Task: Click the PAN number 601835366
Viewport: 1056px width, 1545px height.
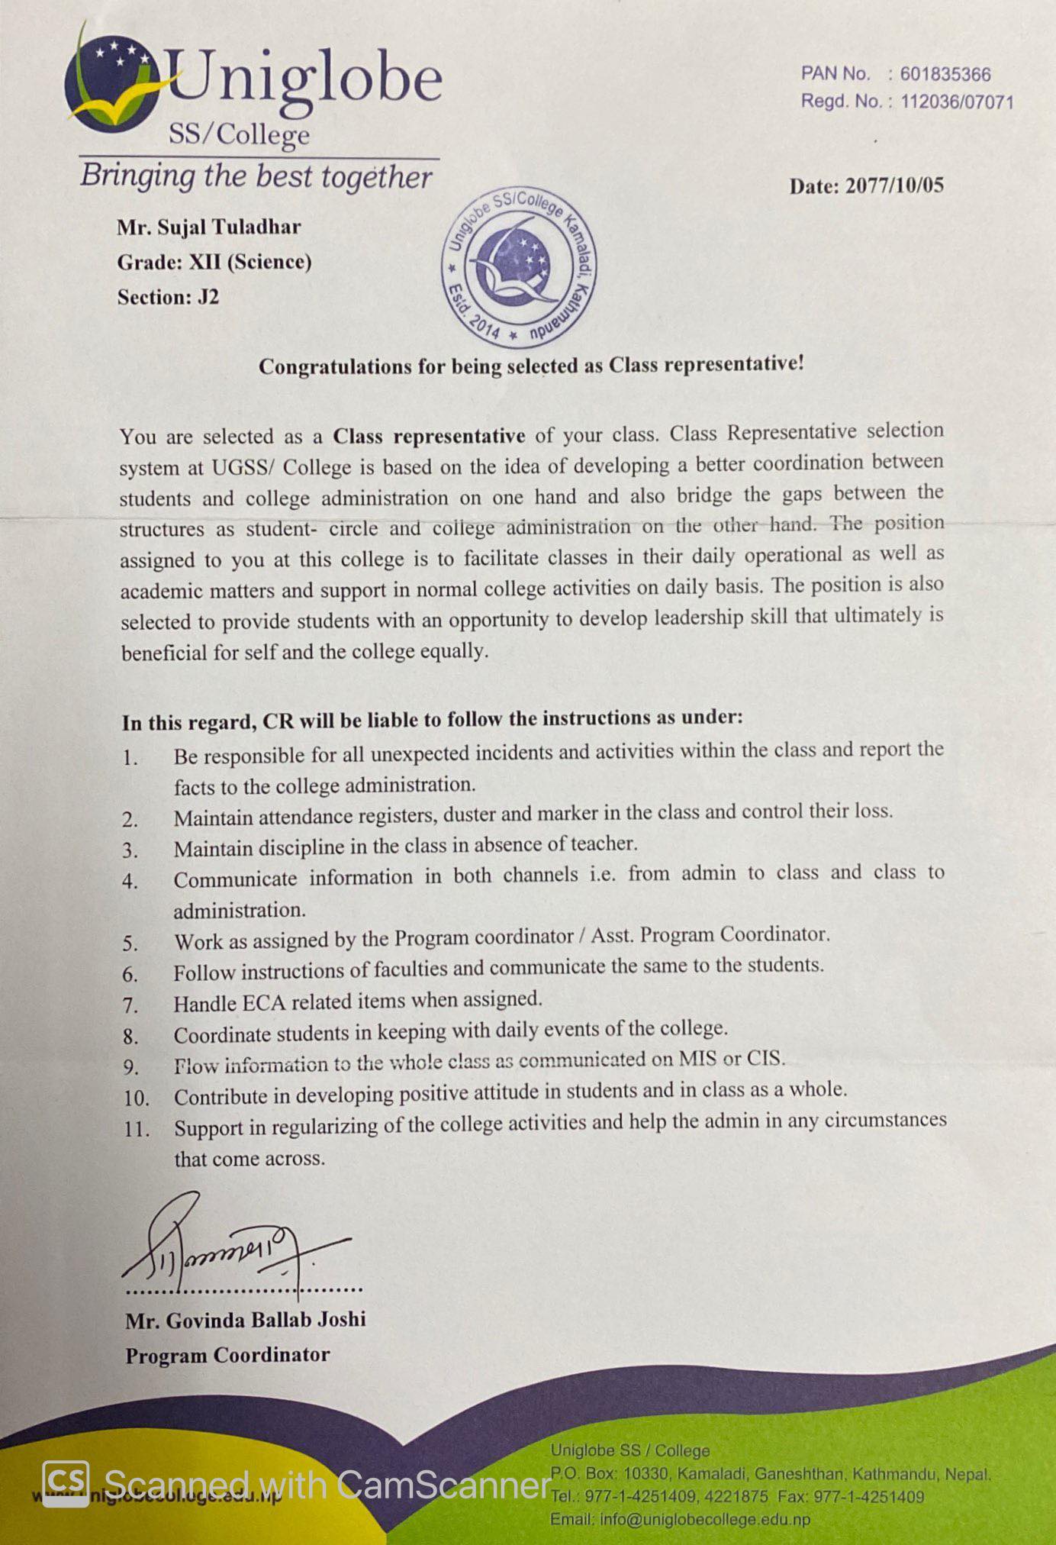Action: pos(945,74)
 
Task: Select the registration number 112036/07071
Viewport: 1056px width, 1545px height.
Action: pos(957,102)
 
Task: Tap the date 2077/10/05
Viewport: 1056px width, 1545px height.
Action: pos(894,185)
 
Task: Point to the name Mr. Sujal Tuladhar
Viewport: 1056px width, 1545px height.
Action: pos(209,227)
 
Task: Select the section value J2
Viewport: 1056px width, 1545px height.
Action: pos(208,297)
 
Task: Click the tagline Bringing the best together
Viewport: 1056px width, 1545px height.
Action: pos(256,176)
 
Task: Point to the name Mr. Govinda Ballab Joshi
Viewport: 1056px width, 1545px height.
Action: pos(246,1320)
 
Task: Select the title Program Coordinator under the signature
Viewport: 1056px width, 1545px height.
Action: pos(227,1356)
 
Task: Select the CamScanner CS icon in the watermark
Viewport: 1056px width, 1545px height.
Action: pos(66,1485)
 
